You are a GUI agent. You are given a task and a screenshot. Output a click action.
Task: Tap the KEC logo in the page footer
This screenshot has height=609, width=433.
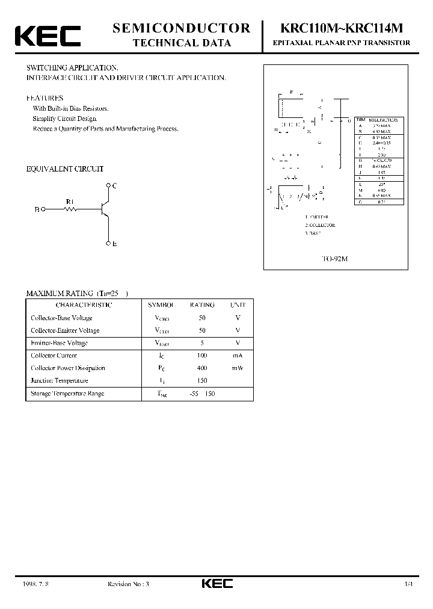click(x=216, y=584)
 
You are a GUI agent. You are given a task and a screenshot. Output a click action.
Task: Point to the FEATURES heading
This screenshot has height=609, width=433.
click(x=45, y=97)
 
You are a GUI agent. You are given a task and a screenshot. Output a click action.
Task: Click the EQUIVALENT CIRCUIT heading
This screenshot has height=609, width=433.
click(x=65, y=169)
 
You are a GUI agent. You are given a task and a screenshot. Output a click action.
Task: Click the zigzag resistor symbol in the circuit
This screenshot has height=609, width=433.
click(x=72, y=209)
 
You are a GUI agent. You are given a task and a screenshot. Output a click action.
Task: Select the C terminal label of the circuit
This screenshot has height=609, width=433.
click(x=114, y=185)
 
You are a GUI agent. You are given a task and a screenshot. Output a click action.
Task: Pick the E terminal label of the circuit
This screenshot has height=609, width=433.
click(x=114, y=244)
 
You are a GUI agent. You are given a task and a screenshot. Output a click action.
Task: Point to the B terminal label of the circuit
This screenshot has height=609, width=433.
click(x=37, y=209)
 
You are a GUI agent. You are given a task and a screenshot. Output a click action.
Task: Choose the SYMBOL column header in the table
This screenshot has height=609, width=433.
click(x=161, y=304)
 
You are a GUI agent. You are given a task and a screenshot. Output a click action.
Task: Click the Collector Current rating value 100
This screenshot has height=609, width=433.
click(x=202, y=356)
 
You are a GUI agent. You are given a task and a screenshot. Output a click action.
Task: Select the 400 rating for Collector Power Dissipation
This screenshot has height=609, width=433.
click(x=202, y=368)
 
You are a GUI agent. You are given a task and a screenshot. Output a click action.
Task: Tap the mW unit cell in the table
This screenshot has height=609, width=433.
click(x=238, y=368)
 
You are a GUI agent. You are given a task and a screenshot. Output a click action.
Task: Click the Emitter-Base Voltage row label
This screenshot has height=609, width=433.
click(x=59, y=343)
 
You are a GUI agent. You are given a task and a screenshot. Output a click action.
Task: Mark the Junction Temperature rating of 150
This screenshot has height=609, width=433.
click(x=202, y=381)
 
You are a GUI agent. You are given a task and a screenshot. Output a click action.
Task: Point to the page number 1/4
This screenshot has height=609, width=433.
click(x=409, y=584)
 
